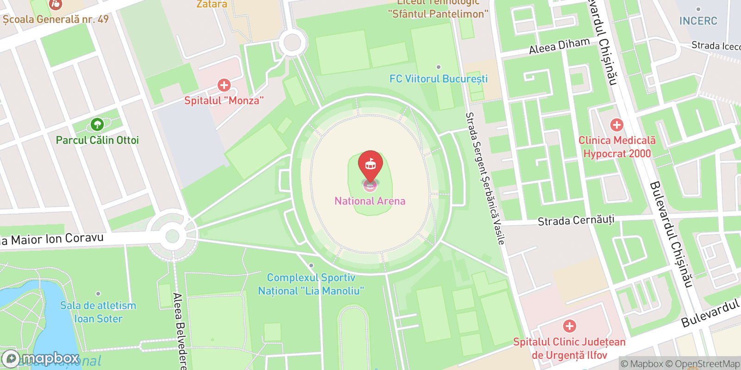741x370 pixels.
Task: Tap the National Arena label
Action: pos(370,201)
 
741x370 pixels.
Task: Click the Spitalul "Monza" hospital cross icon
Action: pos(224,85)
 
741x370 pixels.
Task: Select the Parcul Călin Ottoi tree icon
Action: pos(97,124)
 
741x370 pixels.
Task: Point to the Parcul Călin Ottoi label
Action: pos(97,140)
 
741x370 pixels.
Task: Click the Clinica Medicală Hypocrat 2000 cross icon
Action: pos(616,125)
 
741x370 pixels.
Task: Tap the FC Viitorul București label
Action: pos(438,79)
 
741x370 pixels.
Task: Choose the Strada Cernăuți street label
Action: pos(576,220)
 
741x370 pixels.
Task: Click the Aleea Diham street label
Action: pos(559,46)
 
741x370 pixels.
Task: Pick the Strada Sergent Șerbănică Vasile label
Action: pos(484,178)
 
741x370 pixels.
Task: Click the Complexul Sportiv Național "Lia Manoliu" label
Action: pos(311,284)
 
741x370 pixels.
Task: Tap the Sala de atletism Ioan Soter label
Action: pos(98,312)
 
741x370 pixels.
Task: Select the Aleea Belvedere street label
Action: pos(179,331)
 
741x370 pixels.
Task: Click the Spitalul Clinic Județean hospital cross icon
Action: pos(569,327)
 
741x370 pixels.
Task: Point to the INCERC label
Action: pos(698,21)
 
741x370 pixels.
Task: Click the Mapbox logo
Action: pos(41,358)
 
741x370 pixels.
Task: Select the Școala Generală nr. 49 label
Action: pos(56,19)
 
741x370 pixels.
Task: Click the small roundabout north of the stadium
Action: pos(292,43)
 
